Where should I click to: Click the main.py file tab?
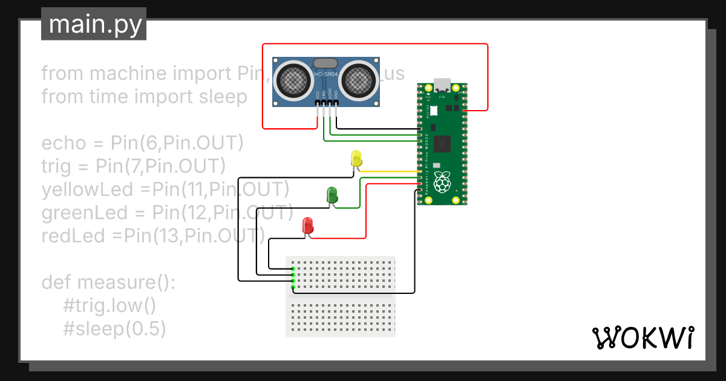tap(94, 24)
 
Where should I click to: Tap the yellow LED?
tap(356, 158)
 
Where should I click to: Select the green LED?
tap(332, 195)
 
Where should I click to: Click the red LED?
tap(308, 226)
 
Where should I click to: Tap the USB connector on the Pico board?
tap(443, 84)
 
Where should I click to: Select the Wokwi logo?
tap(643, 338)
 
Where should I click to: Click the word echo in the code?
tap(60, 143)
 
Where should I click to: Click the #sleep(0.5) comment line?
tap(114, 328)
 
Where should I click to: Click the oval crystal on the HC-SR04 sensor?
tap(325, 62)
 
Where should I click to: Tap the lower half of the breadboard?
tap(341, 317)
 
